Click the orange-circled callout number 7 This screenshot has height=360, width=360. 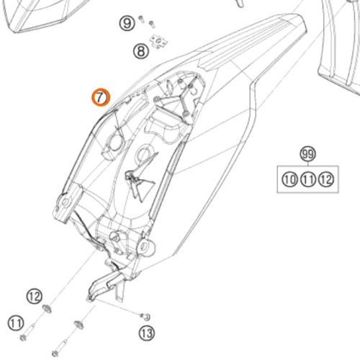click(101, 97)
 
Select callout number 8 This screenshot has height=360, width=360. click(141, 51)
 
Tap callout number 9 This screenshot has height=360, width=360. click(127, 23)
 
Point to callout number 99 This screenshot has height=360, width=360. click(308, 153)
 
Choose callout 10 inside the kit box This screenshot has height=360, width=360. click(289, 179)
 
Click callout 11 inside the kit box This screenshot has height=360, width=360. click(308, 179)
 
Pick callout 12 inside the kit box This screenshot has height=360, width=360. click(326, 179)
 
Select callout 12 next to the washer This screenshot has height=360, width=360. click(35, 297)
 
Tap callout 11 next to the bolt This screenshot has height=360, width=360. click(16, 323)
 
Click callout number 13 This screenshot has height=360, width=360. click(147, 333)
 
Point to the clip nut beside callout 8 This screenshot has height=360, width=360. click(158, 42)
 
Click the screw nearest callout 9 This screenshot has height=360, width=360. click(141, 19)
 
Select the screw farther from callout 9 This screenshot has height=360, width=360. click(152, 24)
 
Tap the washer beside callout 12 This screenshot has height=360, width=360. click(47, 309)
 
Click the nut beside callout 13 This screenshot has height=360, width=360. click(145, 317)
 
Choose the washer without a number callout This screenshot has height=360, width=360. click(79, 325)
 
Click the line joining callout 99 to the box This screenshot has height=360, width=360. click(308, 163)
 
